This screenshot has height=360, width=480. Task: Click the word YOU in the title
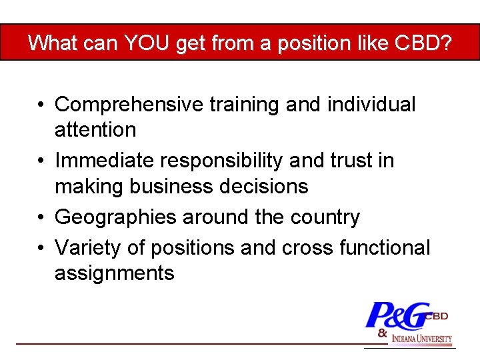point(143,43)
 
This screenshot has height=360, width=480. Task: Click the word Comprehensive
point(129,105)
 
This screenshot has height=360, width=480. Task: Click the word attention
point(95,129)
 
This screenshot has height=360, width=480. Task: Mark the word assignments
point(114,273)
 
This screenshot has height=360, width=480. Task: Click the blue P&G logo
point(397,316)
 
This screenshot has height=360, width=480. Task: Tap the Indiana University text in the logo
point(421,339)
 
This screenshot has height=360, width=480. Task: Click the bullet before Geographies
point(41,218)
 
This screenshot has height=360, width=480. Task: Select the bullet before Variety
point(41,249)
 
